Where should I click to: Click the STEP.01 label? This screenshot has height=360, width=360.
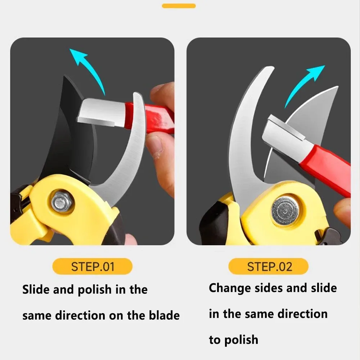[x=93, y=266]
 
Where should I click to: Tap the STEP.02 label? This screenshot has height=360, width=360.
[x=269, y=266]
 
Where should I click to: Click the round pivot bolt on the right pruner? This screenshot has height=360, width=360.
[x=285, y=211]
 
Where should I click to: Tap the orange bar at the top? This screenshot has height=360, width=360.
[x=179, y=6]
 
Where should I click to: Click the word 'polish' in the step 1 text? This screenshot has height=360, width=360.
[x=95, y=290]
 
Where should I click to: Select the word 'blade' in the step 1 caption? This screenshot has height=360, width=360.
[x=164, y=315]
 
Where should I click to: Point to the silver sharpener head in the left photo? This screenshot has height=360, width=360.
[x=101, y=112]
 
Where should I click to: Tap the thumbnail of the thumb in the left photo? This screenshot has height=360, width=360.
[x=154, y=147]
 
